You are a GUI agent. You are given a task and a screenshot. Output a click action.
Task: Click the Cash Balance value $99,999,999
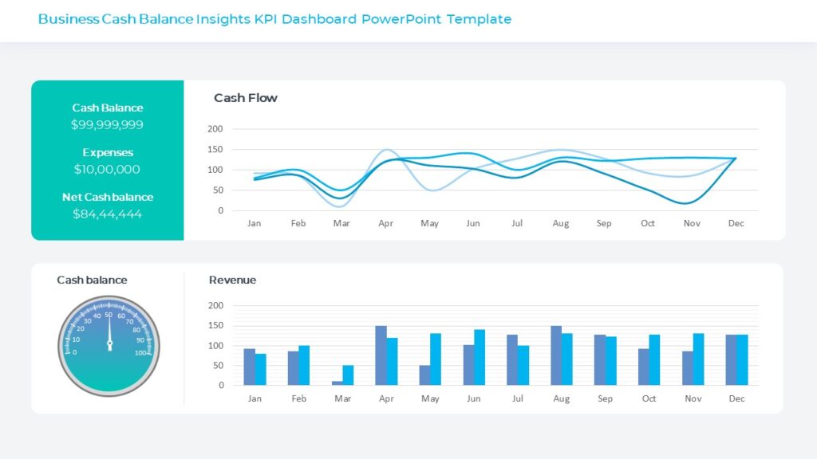tap(107, 125)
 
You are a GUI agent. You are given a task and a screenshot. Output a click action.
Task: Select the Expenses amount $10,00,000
tap(107, 170)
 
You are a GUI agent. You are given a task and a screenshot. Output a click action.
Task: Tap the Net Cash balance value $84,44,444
tap(107, 214)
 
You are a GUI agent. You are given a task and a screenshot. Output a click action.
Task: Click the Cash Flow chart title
tap(246, 98)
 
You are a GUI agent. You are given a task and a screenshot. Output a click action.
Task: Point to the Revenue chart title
tap(232, 280)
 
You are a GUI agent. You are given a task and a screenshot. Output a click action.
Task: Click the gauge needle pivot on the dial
tap(109, 345)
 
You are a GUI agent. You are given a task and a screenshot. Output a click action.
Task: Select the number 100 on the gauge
tap(141, 352)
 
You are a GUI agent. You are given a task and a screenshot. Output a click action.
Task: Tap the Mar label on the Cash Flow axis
tap(341, 224)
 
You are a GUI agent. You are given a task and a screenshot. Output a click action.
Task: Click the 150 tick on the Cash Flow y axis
tap(215, 149)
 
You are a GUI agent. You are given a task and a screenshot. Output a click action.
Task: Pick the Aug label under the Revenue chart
tap(561, 398)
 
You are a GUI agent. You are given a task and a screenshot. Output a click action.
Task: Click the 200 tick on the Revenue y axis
tap(215, 305)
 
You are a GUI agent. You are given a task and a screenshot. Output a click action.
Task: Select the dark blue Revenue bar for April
tap(381, 355)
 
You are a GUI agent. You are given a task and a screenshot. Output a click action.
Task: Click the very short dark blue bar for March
tap(337, 383)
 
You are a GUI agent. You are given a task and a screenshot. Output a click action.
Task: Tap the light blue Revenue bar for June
tap(480, 357)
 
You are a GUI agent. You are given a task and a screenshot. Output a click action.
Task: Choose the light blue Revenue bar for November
tap(698, 359)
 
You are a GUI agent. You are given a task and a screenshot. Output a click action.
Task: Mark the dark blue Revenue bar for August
tap(556, 355)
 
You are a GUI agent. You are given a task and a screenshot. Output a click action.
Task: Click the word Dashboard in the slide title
tap(318, 19)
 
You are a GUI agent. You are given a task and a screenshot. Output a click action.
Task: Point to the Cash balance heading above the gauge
tap(92, 280)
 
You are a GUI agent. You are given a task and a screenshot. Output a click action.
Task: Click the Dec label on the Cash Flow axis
tap(736, 224)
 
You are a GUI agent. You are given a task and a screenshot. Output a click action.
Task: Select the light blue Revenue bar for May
tap(436, 359)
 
